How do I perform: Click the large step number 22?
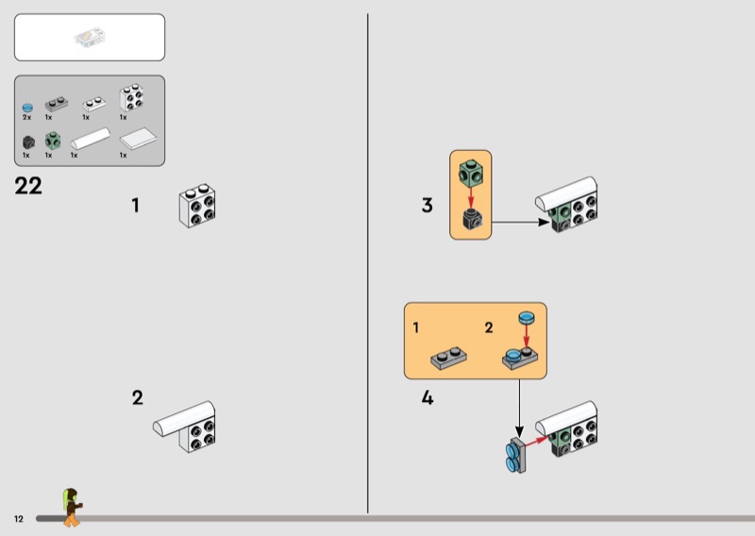point(28,186)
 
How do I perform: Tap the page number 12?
point(19,519)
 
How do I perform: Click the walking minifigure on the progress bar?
point(72,507)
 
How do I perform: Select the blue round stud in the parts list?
point(28,108)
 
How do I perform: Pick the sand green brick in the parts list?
point(53,141)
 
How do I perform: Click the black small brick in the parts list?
point(28,142)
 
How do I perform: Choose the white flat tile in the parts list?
point(138,139)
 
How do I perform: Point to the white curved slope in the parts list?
point(91,139)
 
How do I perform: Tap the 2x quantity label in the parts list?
point(27,117)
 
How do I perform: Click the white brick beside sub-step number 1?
point(197,205)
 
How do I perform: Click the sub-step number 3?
point(428,205)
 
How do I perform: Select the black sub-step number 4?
point(428,398)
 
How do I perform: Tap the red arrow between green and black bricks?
point(471,197)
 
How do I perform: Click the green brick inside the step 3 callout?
point(471,173)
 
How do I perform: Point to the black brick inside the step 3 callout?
point(472,220)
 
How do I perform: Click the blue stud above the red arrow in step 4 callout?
point(527,317)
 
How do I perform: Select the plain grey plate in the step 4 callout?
point(448,359)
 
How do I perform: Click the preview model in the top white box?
point(90,38)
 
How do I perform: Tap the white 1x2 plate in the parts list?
point(94,104)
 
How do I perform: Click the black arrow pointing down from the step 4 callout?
point(519,409)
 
